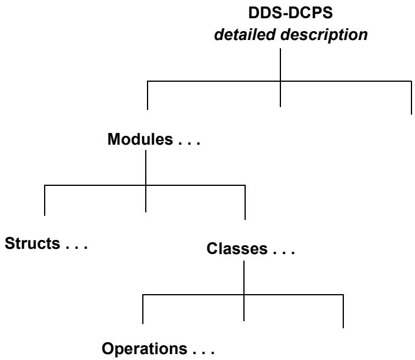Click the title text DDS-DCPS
point(290,12)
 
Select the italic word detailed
point(245,35)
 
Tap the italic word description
point(324,35)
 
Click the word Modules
point(140,139)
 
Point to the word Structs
point(32,243)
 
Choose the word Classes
point(237,249)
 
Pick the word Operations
point(145,349)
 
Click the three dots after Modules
point(189,143)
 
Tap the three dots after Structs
point(76,247)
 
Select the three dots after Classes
point(284,253)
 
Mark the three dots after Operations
point(203,352)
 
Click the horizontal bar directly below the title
point(279,81)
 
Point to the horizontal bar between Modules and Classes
point(145,185)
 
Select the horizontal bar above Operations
point(243,295)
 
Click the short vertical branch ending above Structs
point(45,200)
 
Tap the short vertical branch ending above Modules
point(148,95)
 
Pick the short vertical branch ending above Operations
point(143,309)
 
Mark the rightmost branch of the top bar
point(411,98)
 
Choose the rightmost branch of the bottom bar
point(343,311)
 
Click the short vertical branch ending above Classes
point(245,202)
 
